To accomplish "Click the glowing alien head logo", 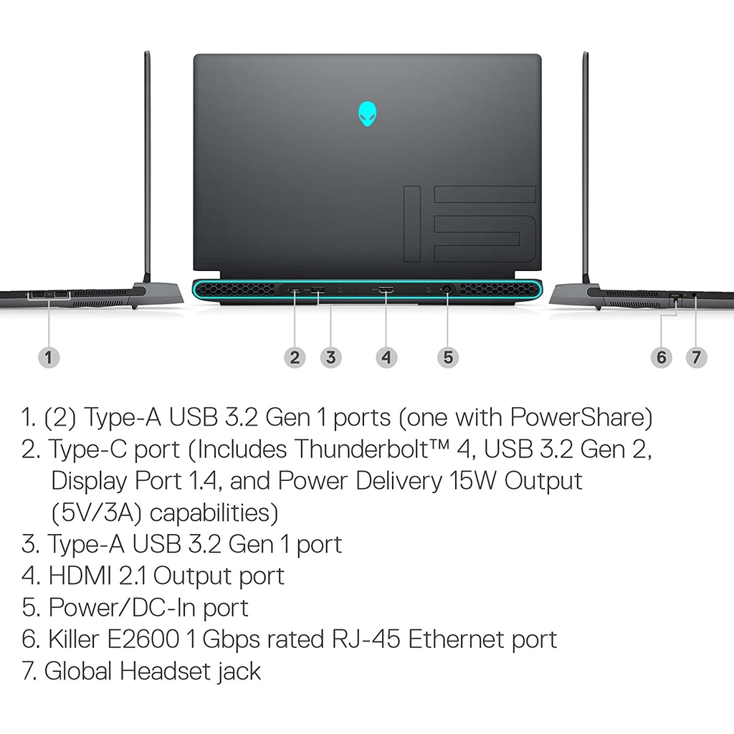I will click(x=367, y=115).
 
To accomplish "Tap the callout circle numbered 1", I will click(x=48, y=356).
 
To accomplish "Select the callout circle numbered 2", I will click(x=295, y=356).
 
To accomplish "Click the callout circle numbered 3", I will click(x=330, y=356).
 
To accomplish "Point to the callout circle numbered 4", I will click(x=386, y=356).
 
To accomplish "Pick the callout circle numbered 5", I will click(x=448, y=356).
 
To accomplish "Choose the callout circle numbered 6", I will click(x=661, y=356).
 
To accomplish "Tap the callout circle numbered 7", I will click(x=696, y=356).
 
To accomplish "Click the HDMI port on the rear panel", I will click(x=386, y=290).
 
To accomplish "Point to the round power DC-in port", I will click(x=448, y=290).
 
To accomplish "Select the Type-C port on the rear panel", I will click(x=295, y=290).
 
